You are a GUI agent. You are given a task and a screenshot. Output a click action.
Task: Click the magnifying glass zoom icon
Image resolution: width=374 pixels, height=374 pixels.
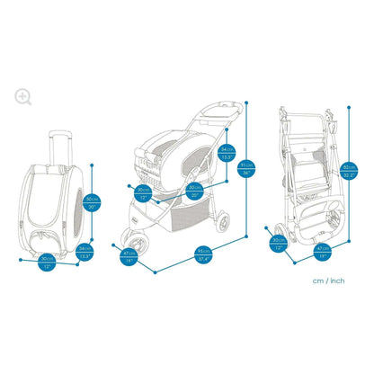click(x=22, y=96)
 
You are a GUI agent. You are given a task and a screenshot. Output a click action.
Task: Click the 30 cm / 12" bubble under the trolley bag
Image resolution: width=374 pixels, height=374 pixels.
click(x=48, y=262)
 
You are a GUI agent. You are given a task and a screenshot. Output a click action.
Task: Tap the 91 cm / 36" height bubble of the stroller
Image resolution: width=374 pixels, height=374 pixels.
click(x=245, y=167)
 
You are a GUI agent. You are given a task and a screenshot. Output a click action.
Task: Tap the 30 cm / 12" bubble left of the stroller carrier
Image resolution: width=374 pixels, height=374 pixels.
click(x=143, y=191)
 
